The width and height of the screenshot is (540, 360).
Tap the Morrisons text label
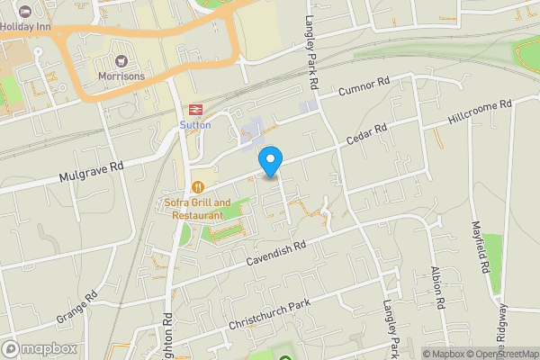[x=121, y=76]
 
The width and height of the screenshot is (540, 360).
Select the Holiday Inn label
[x=26, y=26]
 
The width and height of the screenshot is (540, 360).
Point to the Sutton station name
[x=194, y=124]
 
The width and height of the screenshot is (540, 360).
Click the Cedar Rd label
[x=367, y=134]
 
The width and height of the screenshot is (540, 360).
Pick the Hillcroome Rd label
[x=480, y=112]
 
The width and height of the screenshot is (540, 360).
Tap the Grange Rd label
[x=76, y=308]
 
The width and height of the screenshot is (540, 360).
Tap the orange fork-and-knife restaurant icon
[x=195, y=187]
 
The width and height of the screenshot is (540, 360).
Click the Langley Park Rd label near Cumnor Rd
[x=313, y=43]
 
